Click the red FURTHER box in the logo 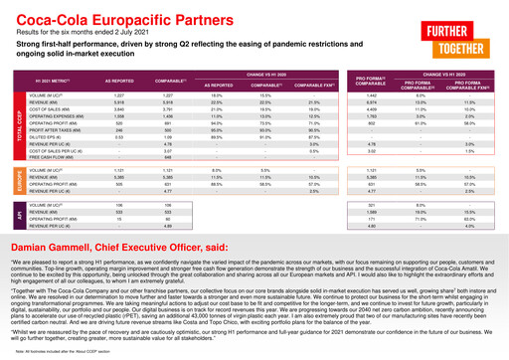point(471,32)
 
